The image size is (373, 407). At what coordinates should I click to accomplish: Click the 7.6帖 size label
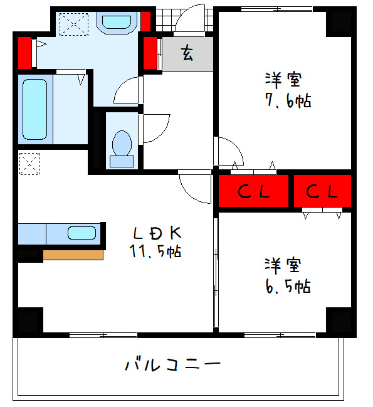(288, 100)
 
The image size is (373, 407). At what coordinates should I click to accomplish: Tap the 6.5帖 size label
(288, 286)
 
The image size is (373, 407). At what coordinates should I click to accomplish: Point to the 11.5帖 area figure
(156, 252)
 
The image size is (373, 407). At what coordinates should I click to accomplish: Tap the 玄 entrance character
(187, 53)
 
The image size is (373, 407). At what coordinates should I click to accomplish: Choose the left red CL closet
(253, 191)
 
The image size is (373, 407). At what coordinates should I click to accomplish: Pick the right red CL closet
(322, 191)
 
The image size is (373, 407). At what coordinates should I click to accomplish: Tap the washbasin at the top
(117, 22)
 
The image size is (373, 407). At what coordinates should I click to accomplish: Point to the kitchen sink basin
(81, 233)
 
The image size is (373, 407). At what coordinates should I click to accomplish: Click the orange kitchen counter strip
(73, 255)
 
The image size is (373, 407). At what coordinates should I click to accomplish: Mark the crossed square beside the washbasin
(74, 24)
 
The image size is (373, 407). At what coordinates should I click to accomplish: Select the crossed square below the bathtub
(29, 164)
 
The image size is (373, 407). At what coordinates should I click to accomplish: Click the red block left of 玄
(150, 53)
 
